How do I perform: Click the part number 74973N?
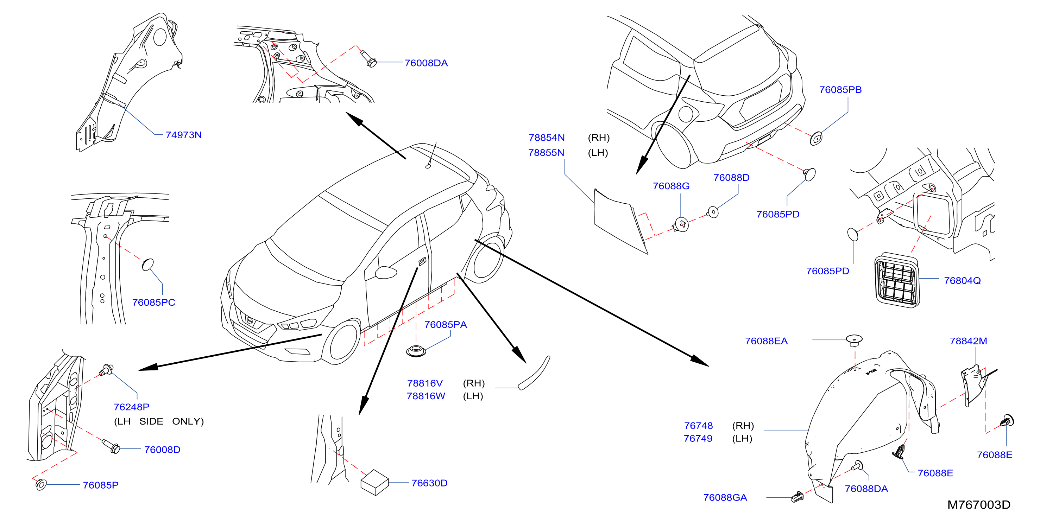point(183,135)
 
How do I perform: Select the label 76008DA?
point(426,63)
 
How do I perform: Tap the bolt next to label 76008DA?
point(368,58)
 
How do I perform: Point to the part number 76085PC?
point(153,302)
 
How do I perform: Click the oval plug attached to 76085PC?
point(147,265)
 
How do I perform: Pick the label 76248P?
point(131,407)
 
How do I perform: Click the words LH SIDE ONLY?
point(159,421)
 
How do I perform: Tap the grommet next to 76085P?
point(41,485)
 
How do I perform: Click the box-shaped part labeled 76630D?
point(374,482)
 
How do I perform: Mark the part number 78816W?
point(426,396)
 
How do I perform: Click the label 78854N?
point(546,138)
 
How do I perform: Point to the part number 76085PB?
point(840,90)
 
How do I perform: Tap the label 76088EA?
point(766,341)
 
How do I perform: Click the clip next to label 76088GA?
point(798,497)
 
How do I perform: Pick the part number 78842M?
point(968,341)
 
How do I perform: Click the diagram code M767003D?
point(979,505)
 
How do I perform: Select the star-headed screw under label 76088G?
point(681,224)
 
